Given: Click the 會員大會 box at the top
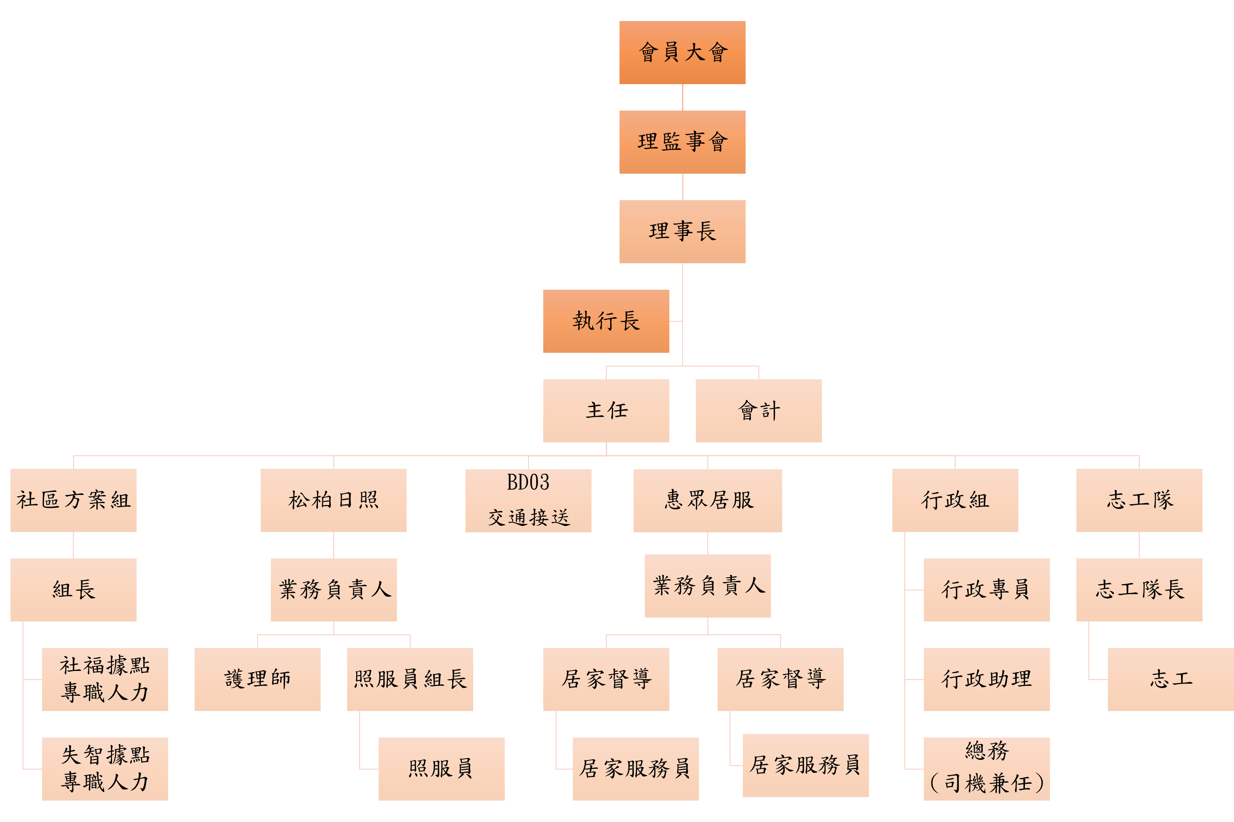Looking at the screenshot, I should point(682,53).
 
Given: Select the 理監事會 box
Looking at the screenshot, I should point(682,142).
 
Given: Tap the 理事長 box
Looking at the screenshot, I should point(682,231).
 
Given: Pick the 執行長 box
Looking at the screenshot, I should point(606,321).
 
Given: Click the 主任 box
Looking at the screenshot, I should point(606,410).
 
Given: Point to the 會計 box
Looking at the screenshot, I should point(758,410).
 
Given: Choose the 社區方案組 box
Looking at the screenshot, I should point(73,500).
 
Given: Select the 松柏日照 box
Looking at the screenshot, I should point(333,500).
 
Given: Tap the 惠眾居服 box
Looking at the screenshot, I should point(707,500).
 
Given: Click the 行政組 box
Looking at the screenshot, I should point(955,500).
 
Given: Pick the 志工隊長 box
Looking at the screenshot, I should point(1139,590).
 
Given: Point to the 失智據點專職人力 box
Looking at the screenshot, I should point(105,769).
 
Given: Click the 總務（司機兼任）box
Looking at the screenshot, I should point(986,769).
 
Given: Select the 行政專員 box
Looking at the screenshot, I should point(986,590).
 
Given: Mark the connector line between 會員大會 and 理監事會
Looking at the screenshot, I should point(683,97).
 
